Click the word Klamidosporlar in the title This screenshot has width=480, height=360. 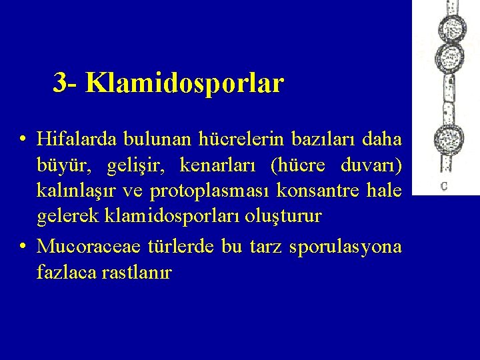pyautogui.click(x=185, y=83)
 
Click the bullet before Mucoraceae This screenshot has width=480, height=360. pyautogui.click(x=24, y=246)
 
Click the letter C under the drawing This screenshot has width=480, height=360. pyautogui.click(x=443, y=185)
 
